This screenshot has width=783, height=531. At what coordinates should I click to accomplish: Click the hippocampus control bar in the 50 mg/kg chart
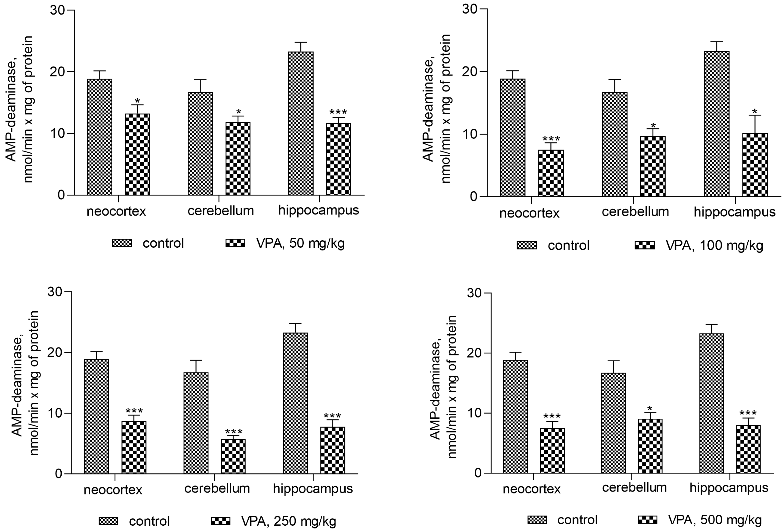[x=301, y=123]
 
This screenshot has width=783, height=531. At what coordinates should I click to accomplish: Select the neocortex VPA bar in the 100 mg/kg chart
[x=550, y=173]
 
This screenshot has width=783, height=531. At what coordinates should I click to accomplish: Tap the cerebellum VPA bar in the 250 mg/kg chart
[x=233, y=457]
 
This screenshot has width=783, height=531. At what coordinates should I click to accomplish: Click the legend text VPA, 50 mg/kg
[x=300, y=243]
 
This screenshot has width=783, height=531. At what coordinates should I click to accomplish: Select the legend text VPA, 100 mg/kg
[x=714, y=245]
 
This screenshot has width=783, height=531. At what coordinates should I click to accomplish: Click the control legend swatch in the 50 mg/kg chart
[x=122, y=243]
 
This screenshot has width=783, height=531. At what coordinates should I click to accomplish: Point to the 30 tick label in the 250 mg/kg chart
[x=55, y=292]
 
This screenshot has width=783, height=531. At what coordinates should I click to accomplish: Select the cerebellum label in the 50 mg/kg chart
[x=220, y=211]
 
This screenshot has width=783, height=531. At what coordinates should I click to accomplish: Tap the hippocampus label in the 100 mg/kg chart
[x=735, y=212]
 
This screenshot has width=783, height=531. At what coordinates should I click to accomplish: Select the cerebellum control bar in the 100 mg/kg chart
[x=615, y=144]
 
